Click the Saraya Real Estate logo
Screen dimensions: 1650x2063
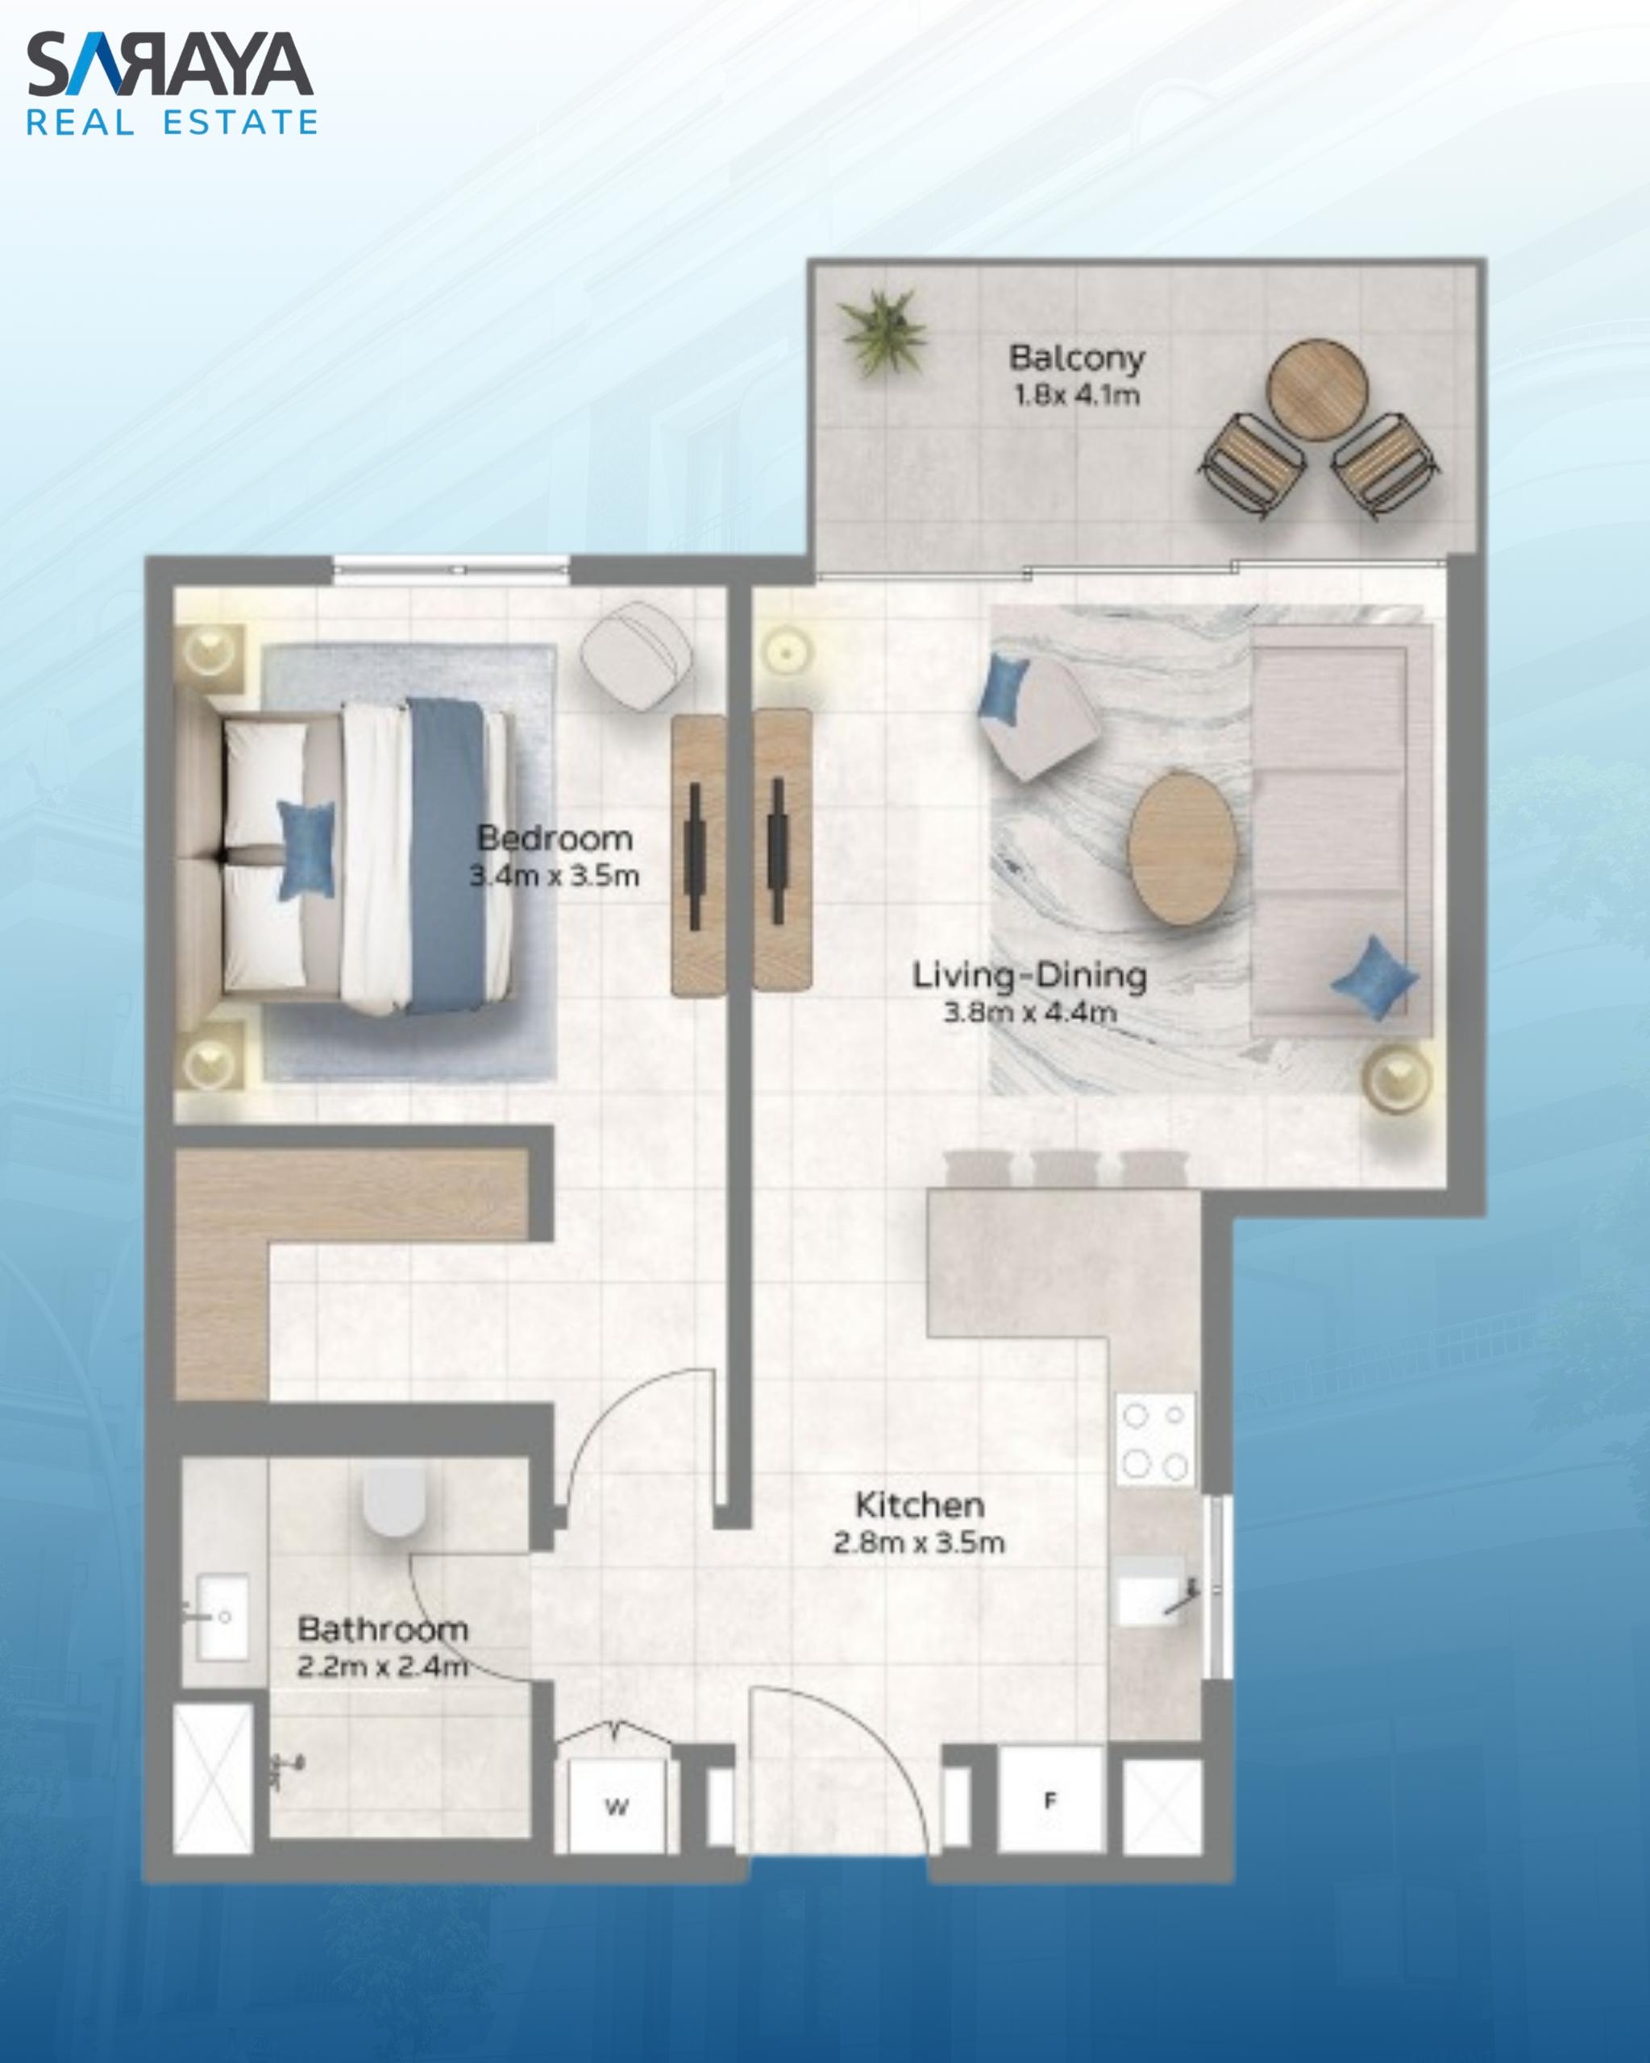tap(172, 83)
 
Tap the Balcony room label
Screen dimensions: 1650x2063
tap(1077, 358)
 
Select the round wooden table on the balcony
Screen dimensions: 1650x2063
tap(1317, 390)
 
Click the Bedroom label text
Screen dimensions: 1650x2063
tap(555, 838)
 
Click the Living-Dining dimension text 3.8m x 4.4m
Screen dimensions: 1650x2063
tap(1030, 1012)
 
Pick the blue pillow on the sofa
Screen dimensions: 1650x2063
tap(1374, 977)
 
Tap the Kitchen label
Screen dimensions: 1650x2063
tap(920, 1505)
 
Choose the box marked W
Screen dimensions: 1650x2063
tap(617, 1807)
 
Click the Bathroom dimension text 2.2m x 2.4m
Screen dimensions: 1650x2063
tap(383, 1667)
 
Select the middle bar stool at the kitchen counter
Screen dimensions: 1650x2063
tap(1066, 1169)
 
